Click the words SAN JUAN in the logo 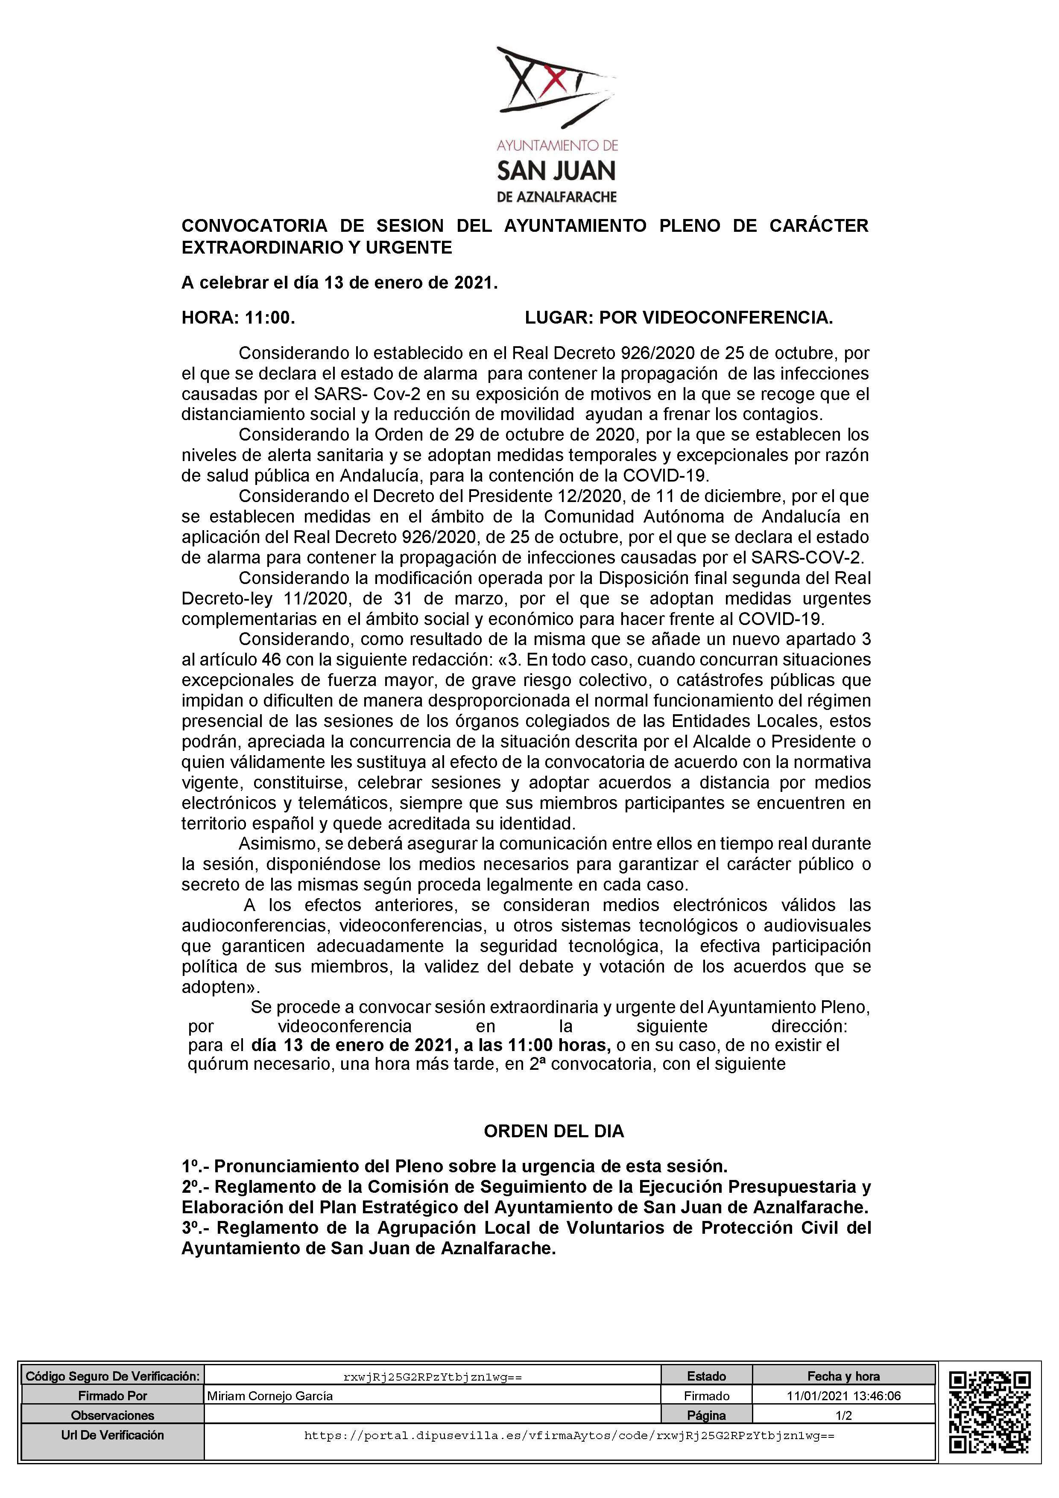(556, 171)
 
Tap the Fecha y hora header (844, 1376)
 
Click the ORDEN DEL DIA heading (553, 1131)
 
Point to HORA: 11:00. (238, 318)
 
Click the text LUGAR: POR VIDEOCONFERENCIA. (679, 318)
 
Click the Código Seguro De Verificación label (112, 1376)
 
